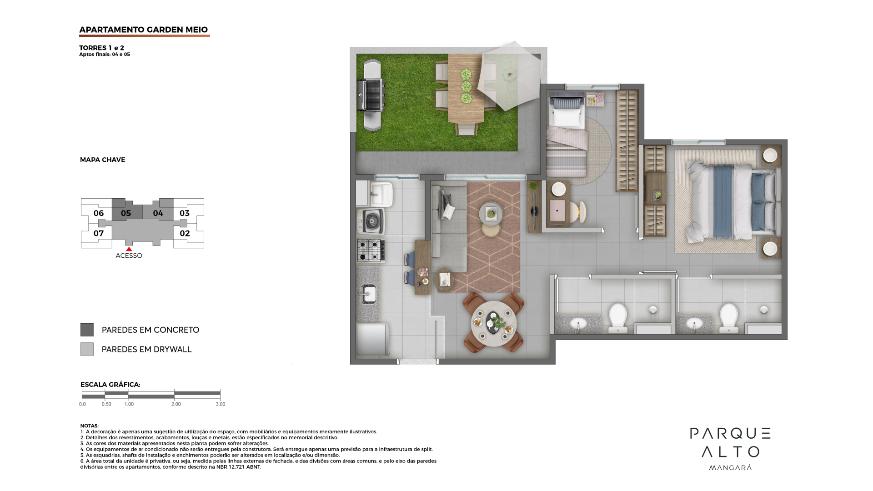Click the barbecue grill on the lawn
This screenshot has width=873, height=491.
pyautogui.click(x=371, y=96)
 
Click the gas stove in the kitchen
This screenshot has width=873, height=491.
pyautogui.click(x=371, y=251)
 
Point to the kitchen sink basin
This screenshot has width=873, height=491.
pyautogui.click(x=369, y=294)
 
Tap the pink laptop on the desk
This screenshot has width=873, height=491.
pyautogui.click(x=557, y=211)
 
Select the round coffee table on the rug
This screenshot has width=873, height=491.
pyautogui.click(x=491, y=214)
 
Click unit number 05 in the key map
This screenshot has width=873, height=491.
pyautogui.click(x=126, y=213)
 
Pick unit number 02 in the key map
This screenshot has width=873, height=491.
pyautogui.click(x=185, y=233)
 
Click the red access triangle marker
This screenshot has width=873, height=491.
pyautogui.click(x=129, y=249)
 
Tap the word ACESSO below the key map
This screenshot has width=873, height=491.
pyautogui.click(x=129, y=256)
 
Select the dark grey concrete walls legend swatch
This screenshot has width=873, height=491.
pyautogui.click(x=87, y=330)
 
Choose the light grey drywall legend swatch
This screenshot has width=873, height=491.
pyautogui.click(x=87, y=349)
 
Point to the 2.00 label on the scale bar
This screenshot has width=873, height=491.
pyautogui.click(x=176, y=404)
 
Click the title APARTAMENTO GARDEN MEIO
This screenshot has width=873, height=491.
pyautogui.click(x=144, y=30)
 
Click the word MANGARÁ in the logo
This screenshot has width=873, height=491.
pyautogui.click(x=730, y=467)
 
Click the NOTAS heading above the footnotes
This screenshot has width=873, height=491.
pyautogui.click(x=89, y=426)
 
